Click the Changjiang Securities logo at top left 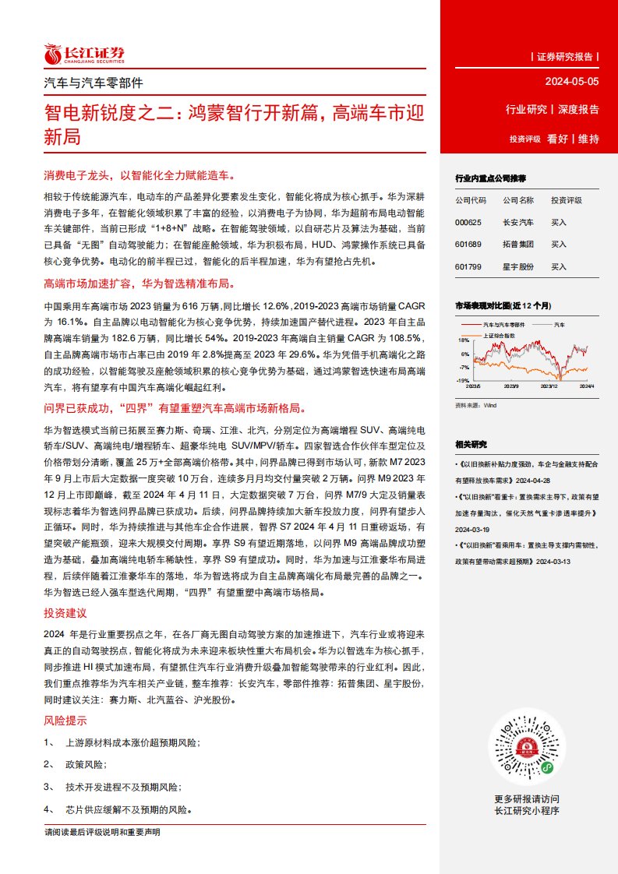click(84, 54)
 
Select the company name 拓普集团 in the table click(518, 245)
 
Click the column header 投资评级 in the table click(567, 200)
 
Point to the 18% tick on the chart click(464, 340)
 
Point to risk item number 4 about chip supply click(118, 809)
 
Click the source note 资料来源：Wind click(475, 405)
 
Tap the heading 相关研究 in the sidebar click(471, 444)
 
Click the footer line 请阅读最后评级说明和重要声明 click(103, 833)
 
